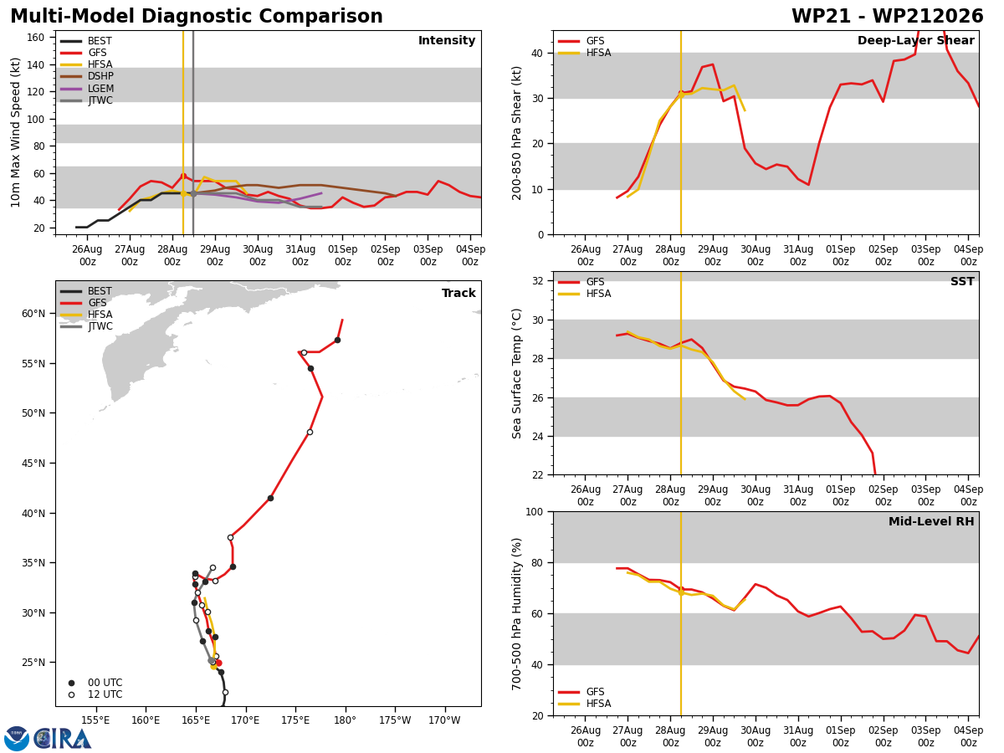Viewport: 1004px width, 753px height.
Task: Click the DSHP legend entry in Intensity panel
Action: [86, 76]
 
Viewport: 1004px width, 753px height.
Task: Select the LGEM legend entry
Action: [86, 88]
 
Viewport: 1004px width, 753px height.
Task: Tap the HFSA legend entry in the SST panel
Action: [584, 294]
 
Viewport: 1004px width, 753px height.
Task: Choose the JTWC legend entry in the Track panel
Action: [86, 326]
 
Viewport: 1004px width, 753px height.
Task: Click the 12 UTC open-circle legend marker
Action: [71, 694]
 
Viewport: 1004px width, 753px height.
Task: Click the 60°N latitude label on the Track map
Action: [34, 314]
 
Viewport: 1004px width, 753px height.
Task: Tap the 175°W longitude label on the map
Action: [395, 720]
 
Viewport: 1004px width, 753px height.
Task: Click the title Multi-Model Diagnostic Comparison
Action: [197, 17]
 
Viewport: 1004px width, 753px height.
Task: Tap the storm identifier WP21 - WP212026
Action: [888, 17]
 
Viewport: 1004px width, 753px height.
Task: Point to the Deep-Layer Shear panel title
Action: [915, 41]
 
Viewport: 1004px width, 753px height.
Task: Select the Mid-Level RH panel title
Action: [931, 521]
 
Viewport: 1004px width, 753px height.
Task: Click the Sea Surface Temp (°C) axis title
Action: [516, 373]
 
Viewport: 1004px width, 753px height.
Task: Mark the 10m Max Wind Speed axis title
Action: [15, 132]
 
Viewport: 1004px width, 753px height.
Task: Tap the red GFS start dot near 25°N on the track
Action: [218, 663]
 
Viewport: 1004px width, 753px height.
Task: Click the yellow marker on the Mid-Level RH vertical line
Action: [681, 592]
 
